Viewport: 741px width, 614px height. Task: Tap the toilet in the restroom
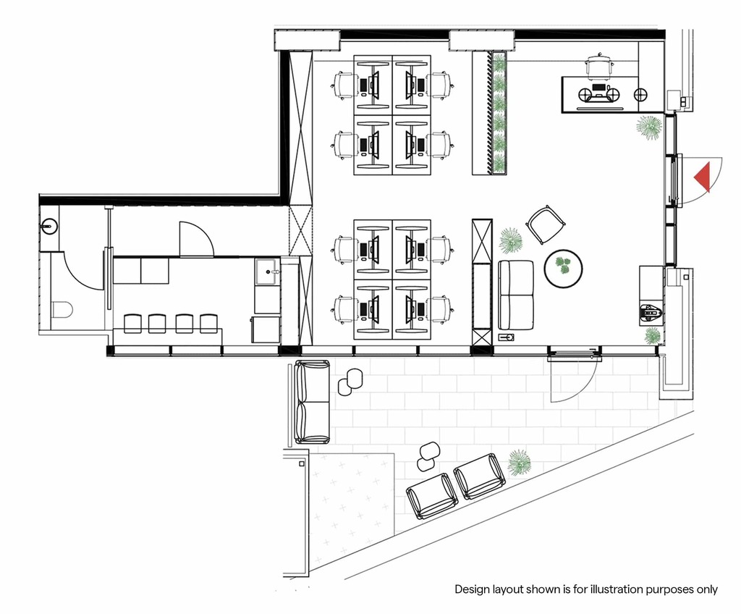tap(62, 311)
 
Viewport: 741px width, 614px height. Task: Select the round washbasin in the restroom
tap(48, 226)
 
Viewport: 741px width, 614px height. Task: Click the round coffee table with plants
tap(563, 268)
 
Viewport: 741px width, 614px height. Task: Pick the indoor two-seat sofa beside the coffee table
tap(516, 295)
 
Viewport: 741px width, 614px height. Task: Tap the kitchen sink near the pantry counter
tap(268, 272)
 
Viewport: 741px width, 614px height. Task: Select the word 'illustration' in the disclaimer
tap(608, 589)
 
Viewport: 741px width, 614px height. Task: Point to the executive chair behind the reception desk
tap(599, 65)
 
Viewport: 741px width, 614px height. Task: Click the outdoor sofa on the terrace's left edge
tap(312, 402)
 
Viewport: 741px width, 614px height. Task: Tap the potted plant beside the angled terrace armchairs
tap(519, 462)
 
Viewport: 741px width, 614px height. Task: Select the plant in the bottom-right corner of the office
tap(652, 335)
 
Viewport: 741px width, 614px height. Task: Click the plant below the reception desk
tap(648, 127)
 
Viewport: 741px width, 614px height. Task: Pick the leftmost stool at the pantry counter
tap(133, 324)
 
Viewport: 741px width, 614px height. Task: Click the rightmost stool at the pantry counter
tap(208, 324)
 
